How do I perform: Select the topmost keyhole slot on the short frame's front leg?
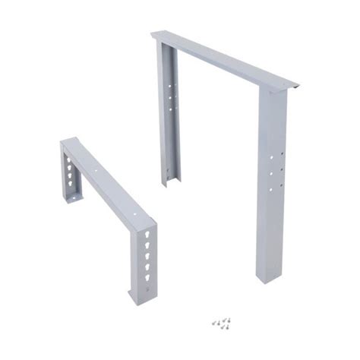click(x=146, y=235)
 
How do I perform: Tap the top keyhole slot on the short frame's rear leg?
click(x=69, y=162)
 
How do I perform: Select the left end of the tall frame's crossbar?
click(x=156, y=35)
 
